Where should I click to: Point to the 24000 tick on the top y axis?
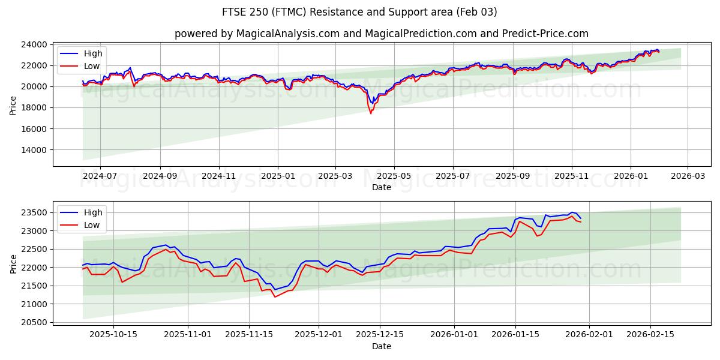[35, 44]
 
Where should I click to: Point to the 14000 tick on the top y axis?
[35, 150]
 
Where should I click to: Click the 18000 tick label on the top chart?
[35, 108]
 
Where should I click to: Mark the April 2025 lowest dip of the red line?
[371, 113]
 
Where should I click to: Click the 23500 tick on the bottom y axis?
[35, 213]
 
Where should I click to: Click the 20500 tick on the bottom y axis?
[35, 323]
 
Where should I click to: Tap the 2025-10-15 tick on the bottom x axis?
[113, 334]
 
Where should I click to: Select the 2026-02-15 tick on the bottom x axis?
[650, 334]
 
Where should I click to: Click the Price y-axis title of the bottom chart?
[13, 263]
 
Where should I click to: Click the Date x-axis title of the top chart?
[382, 187]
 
